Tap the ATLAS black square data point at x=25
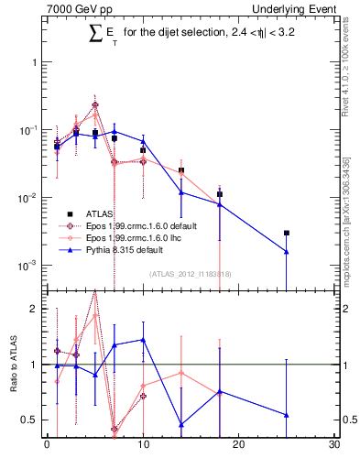[287, 233]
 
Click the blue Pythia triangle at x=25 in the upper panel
[287, 252]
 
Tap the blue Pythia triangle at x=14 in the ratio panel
[181, 424]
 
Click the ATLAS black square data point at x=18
[220, 194]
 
